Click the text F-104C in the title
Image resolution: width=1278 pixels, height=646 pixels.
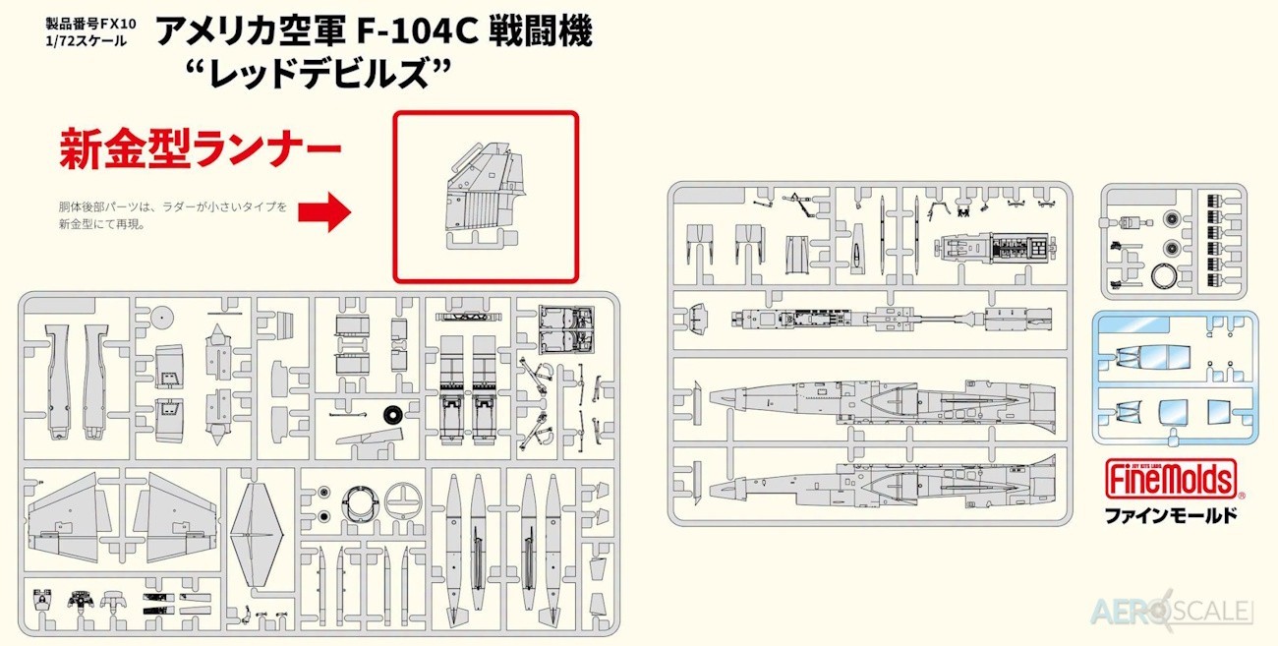pyautogui.click(x=417, y=31)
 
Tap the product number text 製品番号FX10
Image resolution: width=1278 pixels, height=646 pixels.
pyautogui.click(x=90, y=24)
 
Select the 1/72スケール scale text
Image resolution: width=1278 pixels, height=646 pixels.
pyautogui.click(x=87, y=41)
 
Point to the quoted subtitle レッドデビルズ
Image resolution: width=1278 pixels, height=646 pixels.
pyautogui.click(x=319, y=73)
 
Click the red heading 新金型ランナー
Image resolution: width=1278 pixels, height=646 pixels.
pyautogui.click(x=201, y=148)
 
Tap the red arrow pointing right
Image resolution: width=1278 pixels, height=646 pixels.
pyautogui.click(x=324, y=211)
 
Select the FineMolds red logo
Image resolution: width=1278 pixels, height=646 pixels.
pyautogui.click(x=1171, y=478)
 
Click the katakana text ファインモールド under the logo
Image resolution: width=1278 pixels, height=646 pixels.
pyautogui.click(x=1171, y=516)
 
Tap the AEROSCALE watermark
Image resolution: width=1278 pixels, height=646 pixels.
pyautogui.click(x=1173, y=612)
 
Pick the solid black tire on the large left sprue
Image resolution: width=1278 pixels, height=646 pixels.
pyautogui.click(x=392, y=415)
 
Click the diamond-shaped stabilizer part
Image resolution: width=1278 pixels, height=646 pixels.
pyautogui.click(x=257, y=535)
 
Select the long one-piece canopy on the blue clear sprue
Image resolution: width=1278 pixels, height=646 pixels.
pyautogui.click(x=1152, y=357)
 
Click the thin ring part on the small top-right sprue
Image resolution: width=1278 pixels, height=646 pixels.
pyautogui.click(x=1164, y=276)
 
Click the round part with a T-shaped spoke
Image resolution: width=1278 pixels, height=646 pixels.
pyautogui.click(x=403, y=500)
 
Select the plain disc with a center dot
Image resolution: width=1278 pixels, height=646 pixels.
pyautogui.click(x=162, y=317)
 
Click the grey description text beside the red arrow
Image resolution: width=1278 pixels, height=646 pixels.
pyautogui.click(x=173, y=215)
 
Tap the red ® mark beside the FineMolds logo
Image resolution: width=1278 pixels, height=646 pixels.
pyautogui.click(x=1243, y=496)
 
